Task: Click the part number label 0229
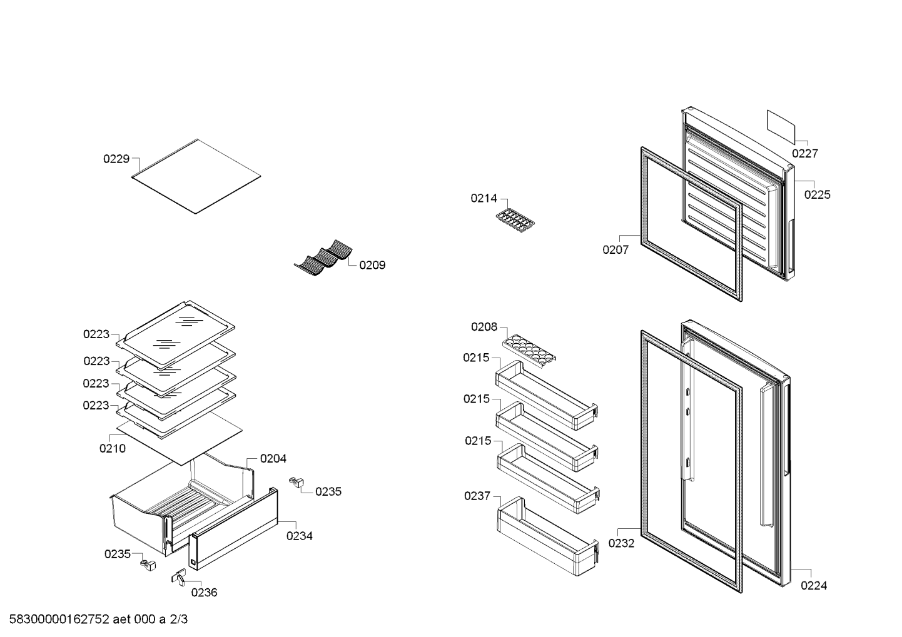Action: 116,159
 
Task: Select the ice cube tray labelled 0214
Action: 515,221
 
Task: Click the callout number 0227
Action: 805,153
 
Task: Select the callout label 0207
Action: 616,250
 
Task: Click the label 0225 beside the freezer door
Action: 818,195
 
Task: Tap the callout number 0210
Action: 113,448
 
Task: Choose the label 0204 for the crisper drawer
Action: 273,458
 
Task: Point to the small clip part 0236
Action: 179,578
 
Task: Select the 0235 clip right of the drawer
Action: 296,482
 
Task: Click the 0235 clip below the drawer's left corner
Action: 148,564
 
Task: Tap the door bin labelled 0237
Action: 548,536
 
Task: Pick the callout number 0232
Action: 621,543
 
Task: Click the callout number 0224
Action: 814,586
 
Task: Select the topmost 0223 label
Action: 96,334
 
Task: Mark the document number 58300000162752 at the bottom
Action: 59,619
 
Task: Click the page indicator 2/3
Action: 179,619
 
